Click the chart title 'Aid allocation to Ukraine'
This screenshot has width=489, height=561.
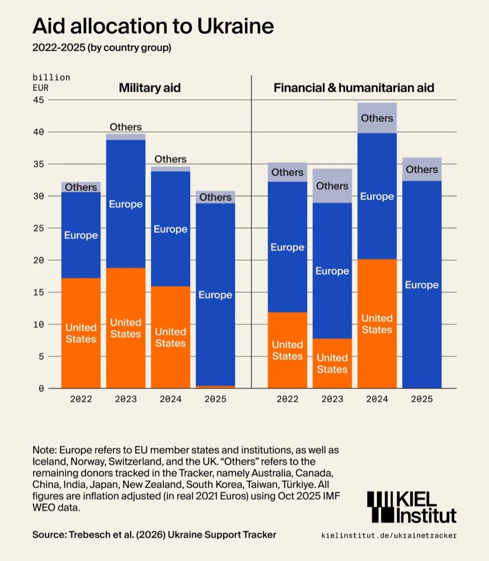[153, 26]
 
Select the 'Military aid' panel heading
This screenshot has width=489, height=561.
[150, 88]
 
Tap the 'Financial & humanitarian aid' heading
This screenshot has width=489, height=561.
[354, 88]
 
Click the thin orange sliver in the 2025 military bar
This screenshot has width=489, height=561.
[215, 387]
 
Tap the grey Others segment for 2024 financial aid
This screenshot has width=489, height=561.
[377, 118]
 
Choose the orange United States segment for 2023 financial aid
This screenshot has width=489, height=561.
[332, 364]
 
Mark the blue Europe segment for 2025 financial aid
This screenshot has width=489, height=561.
[422, 285]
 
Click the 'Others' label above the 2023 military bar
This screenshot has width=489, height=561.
[126, 127]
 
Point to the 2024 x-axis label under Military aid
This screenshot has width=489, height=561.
[171, 399]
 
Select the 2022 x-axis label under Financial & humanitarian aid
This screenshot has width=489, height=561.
[287, 399]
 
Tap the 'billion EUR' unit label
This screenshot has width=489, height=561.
[51, 82]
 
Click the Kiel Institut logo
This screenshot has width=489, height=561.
[411, 507]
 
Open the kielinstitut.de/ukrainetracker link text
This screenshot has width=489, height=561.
[389, 535]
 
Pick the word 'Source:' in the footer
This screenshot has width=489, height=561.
[49, 534]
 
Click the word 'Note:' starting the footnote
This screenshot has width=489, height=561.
[43, 450]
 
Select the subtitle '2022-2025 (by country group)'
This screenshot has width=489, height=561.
[102, 48]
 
